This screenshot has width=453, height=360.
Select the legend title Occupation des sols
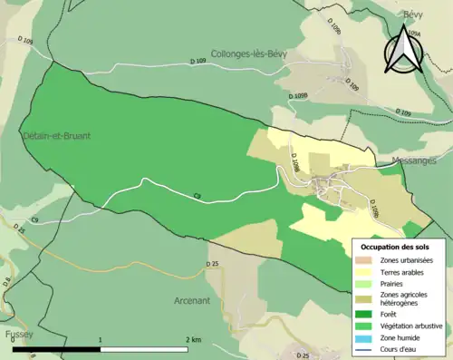396,247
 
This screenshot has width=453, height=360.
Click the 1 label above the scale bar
100,339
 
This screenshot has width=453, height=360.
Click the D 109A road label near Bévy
414,34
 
